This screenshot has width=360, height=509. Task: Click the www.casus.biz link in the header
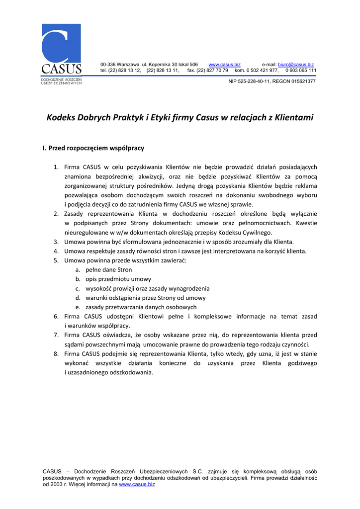(224, 65)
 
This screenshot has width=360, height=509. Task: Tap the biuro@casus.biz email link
(296, 65)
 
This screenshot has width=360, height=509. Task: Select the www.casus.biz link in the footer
(137, 484)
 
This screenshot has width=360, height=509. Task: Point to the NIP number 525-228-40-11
(254, 81)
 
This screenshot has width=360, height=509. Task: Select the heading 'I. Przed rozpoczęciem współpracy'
(93, 148)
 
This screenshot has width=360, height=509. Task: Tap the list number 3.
(56, 242)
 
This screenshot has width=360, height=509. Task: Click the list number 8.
(56, 354)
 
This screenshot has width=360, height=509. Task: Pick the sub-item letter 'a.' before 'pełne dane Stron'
(78, 270)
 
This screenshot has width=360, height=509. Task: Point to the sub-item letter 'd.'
(78, 298)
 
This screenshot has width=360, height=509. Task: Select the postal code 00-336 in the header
(108, 65)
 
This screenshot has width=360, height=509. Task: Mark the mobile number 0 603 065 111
(300, 71)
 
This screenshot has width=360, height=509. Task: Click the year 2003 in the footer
(56, 484)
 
